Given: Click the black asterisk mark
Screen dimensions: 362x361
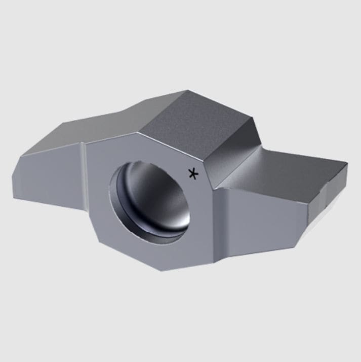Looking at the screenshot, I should click(x=193, y=174).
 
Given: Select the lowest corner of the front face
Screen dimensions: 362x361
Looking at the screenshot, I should click(x=161, y=270).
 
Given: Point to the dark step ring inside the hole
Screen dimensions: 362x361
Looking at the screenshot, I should click(x=117, y=203).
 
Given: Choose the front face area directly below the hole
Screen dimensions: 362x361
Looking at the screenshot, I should click(x=162, y=254).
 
